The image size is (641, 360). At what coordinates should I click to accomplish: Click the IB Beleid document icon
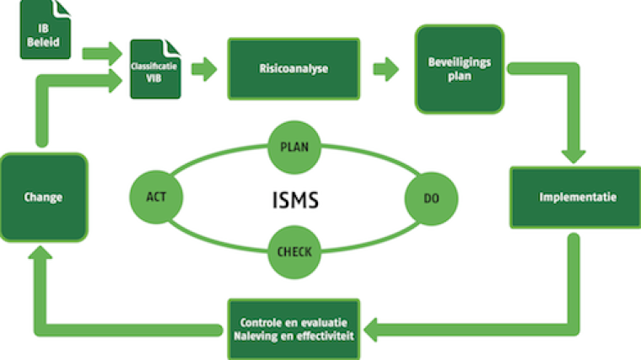[41, 31]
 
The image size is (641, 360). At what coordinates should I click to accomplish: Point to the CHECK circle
[294, 250]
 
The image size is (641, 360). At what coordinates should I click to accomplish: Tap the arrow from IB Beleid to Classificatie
[101, 54]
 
